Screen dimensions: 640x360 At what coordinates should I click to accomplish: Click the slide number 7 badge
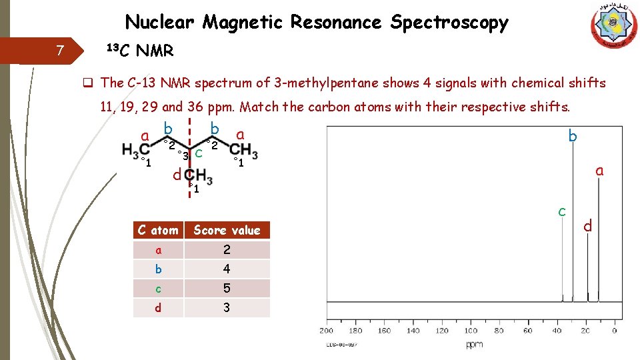click(x=60, y=51)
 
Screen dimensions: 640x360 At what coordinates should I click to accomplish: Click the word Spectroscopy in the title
click(x=449, y=23)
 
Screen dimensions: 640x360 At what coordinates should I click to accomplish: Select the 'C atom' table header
click(x=158, y=231)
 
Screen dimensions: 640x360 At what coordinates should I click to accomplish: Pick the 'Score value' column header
click(x=227, y=231)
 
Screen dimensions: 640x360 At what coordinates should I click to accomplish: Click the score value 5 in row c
click(x=227, y=289)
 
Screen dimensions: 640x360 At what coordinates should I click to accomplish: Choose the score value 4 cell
click(x=227, y=269)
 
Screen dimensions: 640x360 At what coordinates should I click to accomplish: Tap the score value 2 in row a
click(x=227, y=250)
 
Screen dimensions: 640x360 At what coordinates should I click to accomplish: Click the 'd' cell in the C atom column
click(x=158, y=308)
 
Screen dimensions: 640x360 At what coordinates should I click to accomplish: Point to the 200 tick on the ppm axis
click(x=326, y=331)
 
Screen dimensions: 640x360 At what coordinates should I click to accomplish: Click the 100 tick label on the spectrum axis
click(x=471, y=331)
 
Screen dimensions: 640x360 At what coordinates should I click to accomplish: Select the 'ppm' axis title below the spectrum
click(x=474, y=345)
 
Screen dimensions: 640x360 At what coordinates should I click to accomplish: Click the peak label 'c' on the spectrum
click(x=562, y=211)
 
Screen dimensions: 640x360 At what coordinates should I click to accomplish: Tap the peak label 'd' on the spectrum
click(x=587, y=226)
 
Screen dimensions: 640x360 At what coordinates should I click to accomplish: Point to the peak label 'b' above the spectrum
click(x=572, y=137)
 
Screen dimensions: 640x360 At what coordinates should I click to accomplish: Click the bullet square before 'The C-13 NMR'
click(x=87, y=83)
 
